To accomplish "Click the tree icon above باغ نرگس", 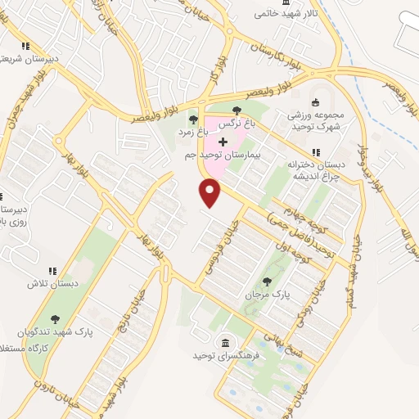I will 237,110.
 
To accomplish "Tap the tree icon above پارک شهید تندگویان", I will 56,318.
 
